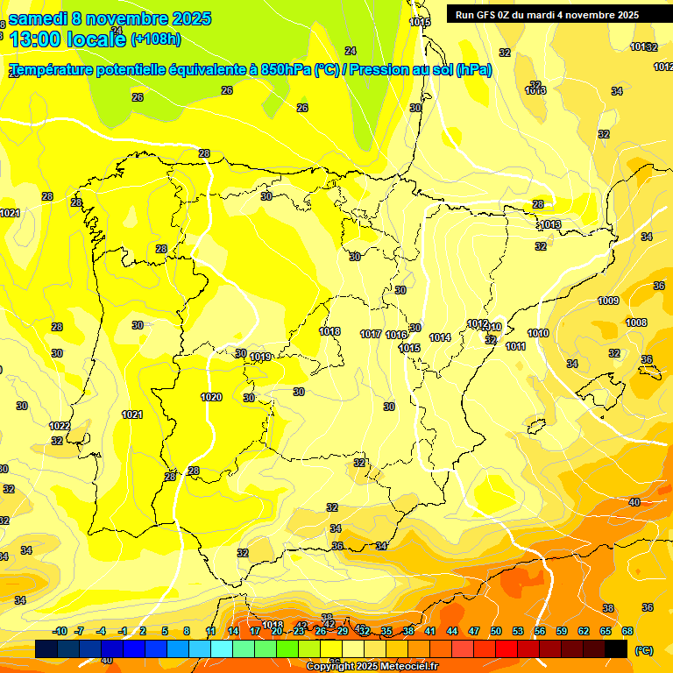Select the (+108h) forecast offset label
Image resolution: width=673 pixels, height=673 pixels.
click(156, 39)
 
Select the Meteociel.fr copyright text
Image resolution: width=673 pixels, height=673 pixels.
click(403, 667)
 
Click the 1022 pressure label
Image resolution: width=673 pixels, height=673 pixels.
click(60, 426)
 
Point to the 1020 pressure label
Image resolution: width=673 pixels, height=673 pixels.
click(211, 397)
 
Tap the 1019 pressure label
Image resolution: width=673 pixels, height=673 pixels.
click(260, 357)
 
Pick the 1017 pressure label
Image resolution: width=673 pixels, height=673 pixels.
click(371, 334)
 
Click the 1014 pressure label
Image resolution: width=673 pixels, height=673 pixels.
click(440, 337)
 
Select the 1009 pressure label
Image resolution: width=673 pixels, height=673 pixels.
click(608, 301)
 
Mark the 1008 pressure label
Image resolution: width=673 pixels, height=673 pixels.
click(636, 322)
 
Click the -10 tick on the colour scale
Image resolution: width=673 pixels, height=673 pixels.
click(60, 631)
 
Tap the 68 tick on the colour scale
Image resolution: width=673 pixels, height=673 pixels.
click(627, 631)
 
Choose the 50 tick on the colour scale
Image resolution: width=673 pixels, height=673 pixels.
click(496, 631)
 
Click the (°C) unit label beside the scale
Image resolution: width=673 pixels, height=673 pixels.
click(644, 650)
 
